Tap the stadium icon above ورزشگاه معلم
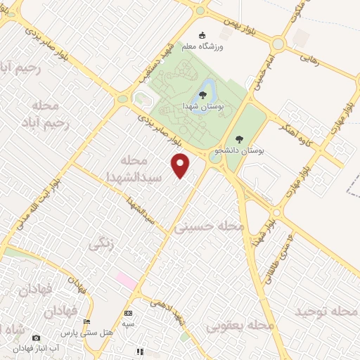(202, 36)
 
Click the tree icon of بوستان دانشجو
(239, 139)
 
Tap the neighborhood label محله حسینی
(212, 227)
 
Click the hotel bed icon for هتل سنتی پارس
(87, 321)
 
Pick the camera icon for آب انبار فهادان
(37, 338)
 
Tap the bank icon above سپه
(127, 313)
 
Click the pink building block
(127, 280)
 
